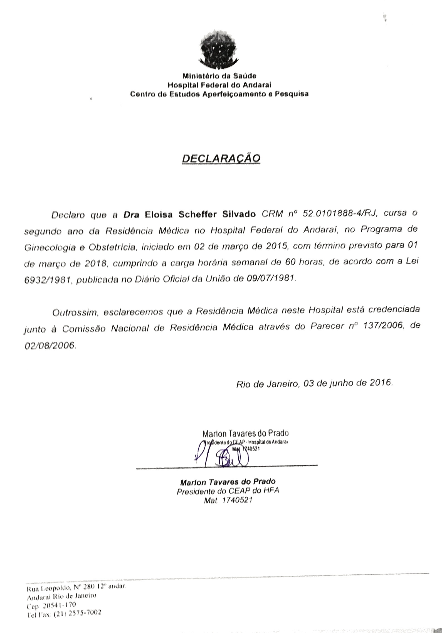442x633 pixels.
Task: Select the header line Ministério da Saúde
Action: coord(219,76)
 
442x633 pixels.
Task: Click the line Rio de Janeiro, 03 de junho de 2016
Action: coord(314,384)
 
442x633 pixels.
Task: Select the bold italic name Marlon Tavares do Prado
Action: coord(228,481)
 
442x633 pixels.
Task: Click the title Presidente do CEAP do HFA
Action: coord(228,490)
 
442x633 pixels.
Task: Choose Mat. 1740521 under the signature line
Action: coord(228,500)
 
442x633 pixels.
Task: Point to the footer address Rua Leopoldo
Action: coord(46,588)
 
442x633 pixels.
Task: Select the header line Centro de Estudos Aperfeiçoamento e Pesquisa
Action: coord(219,94)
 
